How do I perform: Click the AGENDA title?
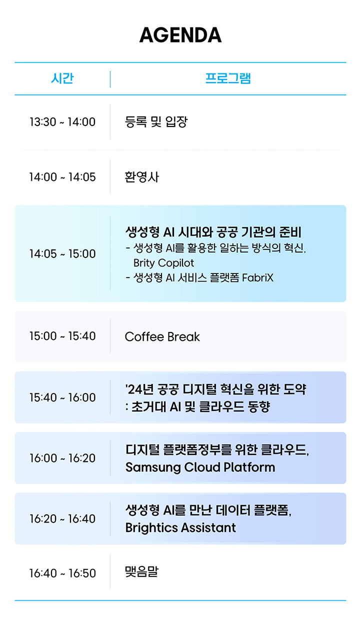pyautogui.click(x=180, y=35)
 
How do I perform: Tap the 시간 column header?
pyautogui.click(x=62, y=78)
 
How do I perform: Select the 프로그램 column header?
pyautogui.click(x=228, y=78)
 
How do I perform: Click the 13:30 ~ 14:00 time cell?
pyautogui.click(x=62, y=122)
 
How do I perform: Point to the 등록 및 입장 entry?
pyautogui.click(x=156, y=121)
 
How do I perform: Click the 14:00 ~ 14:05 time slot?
pyautogui.click(x=62, y=177)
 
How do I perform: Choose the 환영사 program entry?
pyautogui.click(x=142, y=177)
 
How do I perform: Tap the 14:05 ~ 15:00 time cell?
pyautogui.click(x=62, y=253)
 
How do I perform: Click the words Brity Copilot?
pyautogui.click(x=163, y=263)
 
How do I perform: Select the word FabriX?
pyautogui.click(x=258, y=277)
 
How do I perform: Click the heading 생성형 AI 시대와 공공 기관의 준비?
pyautogui.click(x=213, y=232)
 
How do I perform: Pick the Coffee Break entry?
pyautogui.click(x=162, y=337)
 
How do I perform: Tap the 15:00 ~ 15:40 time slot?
pyautogui.click(x=62, y=336)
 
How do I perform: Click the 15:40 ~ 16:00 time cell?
pyautogui.click(x=62, y=397)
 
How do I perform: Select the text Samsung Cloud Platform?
pyautogui.click(x=200, y=467)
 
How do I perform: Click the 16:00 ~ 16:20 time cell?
pyautogui.click(x=62, y=458)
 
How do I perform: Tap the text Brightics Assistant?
pyautogui.click(x=180, y=528)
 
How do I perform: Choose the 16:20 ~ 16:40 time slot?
pyautogui.click(x=62, y=518)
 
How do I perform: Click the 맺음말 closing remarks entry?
pyautogui.click(x=141, y=571)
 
